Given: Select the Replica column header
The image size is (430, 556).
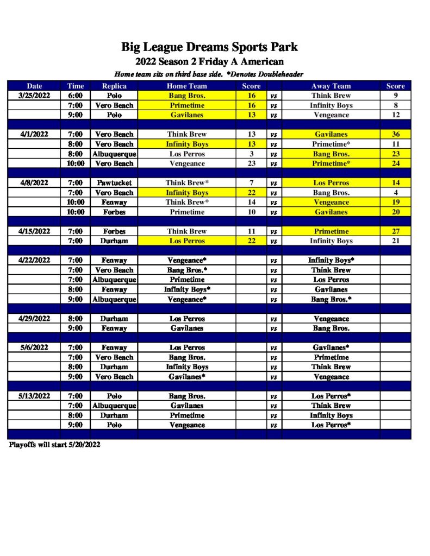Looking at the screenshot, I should (114, 86).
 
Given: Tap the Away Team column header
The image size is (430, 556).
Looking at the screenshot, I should (331, 86).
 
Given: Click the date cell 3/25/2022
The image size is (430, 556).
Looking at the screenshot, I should (34, 96).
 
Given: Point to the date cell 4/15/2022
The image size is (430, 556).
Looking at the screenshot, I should (34, 231).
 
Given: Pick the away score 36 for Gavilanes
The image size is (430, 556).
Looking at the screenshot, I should (396, 134).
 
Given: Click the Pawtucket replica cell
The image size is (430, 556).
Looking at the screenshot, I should (114, 183).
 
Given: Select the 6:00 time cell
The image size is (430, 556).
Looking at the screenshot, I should (76, 96).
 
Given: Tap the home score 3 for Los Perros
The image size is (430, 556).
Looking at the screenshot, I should (251, 154).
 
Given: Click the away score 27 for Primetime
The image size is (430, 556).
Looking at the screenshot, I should (396, 231).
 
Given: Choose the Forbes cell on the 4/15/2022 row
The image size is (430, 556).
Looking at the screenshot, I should (114, 231).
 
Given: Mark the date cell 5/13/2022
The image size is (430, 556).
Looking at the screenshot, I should (34, 396).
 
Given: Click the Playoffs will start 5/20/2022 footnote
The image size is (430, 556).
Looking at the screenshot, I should (54, 445).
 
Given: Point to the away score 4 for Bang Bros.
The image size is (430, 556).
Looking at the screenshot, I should (396, 193).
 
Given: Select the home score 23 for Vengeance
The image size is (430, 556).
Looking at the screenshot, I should (251, 163).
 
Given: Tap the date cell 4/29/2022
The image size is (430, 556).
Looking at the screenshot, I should (34, 319).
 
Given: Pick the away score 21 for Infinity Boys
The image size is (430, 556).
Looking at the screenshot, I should (396, 241).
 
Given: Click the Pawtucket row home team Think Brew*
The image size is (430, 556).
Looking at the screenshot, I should (187, 183).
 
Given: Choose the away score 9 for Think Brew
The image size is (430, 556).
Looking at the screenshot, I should (396, 96).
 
